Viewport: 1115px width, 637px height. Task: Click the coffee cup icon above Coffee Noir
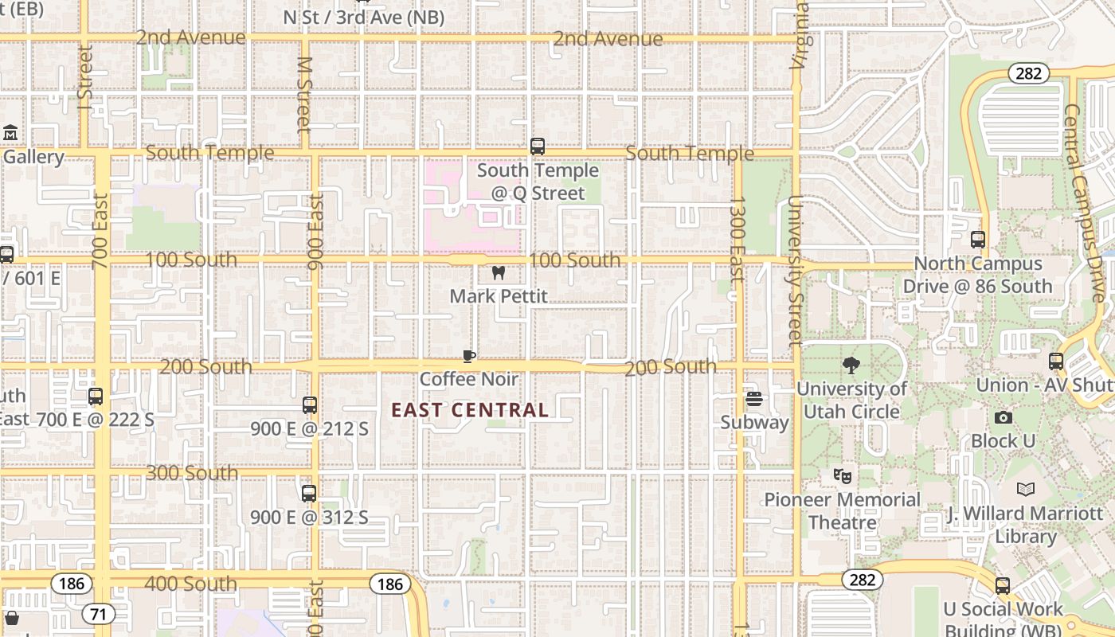coord(469,356)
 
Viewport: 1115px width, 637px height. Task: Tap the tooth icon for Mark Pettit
coord(499,273)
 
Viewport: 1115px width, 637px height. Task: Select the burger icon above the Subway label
coord(753,399)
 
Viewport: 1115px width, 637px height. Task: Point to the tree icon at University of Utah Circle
coord(851,365)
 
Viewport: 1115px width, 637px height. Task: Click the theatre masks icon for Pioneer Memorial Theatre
coord(842,476)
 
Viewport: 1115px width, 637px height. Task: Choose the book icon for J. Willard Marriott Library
coord(1026,490)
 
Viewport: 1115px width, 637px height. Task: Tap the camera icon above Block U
coord(1003,417)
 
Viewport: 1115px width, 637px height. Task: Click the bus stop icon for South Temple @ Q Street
coord(538,147)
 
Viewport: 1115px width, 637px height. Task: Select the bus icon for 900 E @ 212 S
coord(310,405)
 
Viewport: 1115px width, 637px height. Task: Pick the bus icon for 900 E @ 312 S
coord(309,494)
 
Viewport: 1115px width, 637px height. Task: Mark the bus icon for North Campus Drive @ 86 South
coord(978,240)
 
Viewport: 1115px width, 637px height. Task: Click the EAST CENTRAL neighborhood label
coord(470,410)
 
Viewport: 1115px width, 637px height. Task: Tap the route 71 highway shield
coord(98,614)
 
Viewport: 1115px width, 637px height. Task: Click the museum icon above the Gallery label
coord(10,133)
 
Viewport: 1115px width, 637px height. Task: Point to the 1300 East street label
coord(737,239)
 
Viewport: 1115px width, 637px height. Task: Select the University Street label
coord(796,271)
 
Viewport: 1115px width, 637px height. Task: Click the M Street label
coord(303,94)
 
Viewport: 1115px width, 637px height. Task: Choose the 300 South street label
coord(192,473)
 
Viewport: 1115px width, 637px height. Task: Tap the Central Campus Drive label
coord(1085,203)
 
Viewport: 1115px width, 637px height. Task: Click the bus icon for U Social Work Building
coord(1003,586)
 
